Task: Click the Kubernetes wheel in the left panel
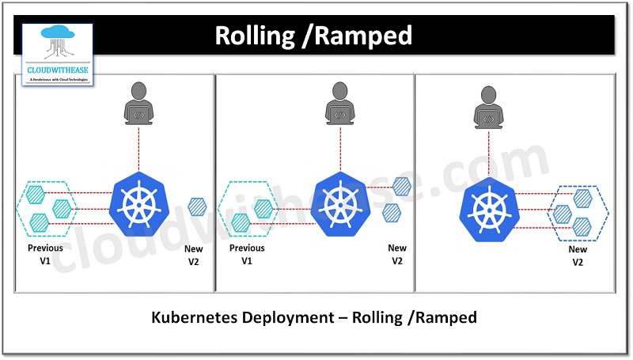(x=139, y=203)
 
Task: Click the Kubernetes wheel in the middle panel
(x=341, y=203)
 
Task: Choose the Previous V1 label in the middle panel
(x=246, y=253)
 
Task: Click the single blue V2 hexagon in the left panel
(x=197, y=207)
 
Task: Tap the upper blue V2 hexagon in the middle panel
(x=402, y=187)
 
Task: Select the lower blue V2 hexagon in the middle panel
(x=391, y=212)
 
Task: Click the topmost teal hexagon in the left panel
(x=35, y=193)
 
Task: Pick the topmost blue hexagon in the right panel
(x=583, y=197)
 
